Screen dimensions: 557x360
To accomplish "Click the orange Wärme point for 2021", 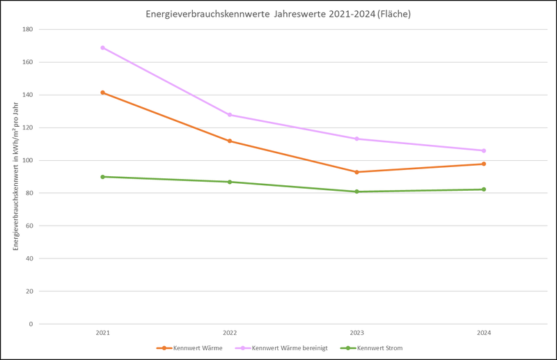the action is [x=102, y=93].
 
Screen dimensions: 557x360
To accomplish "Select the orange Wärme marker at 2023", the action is [x=356, y=172].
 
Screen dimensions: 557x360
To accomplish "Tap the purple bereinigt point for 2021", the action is [x=102, y=47].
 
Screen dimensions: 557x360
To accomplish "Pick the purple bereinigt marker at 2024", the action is [x=484, y=150].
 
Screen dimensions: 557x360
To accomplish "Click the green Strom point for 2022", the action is [x=230, y=182].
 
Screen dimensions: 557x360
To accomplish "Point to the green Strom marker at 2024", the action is [x=484, y=189].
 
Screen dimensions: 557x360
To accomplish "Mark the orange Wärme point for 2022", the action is [x=230, y=141].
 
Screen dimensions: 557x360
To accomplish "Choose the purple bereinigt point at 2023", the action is [x=356, y=139].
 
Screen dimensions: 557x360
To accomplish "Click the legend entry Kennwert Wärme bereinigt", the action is [x=281, y=348].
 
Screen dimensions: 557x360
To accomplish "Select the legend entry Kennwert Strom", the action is [x=372, y=348].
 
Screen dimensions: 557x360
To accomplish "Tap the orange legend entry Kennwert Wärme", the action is [x=189, y=348].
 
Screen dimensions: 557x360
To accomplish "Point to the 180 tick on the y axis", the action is [x=28, y=29].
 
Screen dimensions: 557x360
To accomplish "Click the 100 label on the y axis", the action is [x=28, y=161].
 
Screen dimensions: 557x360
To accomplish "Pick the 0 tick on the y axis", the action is [x=31, y=324].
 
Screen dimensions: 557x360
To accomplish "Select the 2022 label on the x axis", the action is [x=230, y=333].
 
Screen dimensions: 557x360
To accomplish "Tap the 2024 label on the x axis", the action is [x=484, y=333].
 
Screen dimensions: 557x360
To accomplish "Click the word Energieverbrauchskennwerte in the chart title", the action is [x=207, y=14].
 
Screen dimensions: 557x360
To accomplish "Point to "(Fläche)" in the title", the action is [x=394, y=14].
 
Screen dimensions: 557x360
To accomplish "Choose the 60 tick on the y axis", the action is [x=29, y=226].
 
